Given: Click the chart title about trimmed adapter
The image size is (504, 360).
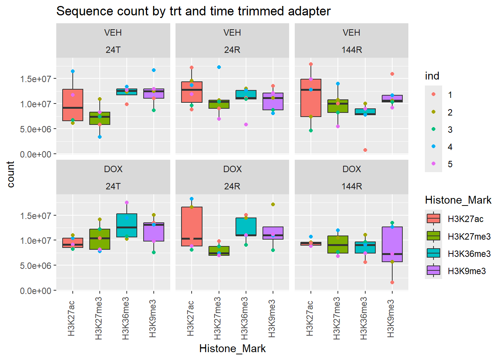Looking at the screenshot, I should [193, 11].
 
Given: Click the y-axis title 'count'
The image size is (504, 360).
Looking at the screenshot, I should [10, 174].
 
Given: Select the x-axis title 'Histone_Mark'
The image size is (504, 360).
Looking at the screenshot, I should [232, 349].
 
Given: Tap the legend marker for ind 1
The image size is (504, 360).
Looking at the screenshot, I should [433, 94].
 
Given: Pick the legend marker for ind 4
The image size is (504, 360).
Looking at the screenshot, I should [433, 147].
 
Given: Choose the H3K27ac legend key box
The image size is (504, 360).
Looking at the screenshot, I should [433, 219].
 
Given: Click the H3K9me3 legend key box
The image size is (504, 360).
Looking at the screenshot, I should [433, 271].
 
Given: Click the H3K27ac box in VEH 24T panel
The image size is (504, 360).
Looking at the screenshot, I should [73, 105].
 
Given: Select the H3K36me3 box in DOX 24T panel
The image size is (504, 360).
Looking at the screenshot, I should [127, 225].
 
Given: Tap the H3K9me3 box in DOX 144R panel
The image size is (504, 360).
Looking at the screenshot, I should [392, 244].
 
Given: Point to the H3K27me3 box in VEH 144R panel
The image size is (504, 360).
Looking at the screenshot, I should [338, 106].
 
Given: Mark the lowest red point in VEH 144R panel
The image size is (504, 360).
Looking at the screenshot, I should [365, 150].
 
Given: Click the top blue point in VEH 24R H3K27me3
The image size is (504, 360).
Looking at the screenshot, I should [219, 67].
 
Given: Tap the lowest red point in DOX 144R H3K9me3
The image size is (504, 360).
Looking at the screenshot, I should [392, 282].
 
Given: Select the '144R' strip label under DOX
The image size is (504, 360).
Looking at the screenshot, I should [351, 186].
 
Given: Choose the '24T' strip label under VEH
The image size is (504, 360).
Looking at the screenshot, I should [113, 50].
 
